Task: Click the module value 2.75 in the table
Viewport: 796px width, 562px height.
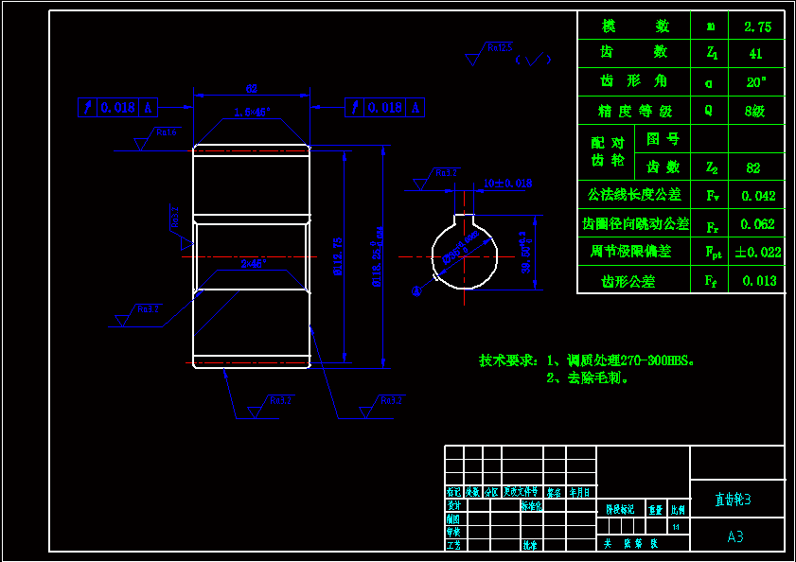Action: [757, 26]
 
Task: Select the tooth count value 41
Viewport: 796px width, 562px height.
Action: [756, 54]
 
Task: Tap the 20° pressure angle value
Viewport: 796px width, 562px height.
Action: [756, 82]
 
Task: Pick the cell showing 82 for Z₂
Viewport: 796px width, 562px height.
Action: [753, 167]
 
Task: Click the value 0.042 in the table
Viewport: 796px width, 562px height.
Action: [758, 196]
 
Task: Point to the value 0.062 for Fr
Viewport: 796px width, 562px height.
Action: [758, 224]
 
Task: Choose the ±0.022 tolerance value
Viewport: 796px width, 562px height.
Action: [758, 252]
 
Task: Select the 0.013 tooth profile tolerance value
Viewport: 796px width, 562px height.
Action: [759, 280]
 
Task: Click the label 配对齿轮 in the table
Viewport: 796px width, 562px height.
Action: [608, 152]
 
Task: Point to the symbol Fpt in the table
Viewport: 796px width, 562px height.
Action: [712, 253]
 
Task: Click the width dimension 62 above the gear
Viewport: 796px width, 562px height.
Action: [252, 89]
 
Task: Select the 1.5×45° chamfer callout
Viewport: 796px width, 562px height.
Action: [252, 112]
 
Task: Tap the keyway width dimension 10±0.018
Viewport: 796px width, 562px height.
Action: [507, 183]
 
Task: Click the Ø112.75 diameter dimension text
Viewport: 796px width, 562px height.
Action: [339, 255]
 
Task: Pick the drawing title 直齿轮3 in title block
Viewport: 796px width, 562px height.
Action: [733, 499]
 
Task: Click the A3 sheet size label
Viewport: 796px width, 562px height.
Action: [735, 536]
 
